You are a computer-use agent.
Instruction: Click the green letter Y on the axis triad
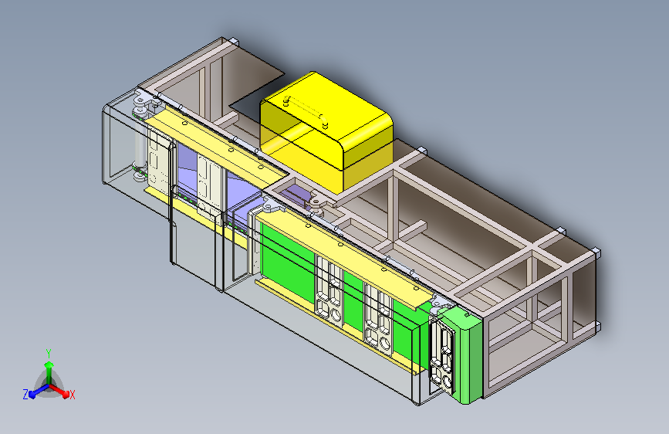[48, 352]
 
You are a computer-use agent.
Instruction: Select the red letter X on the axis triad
[73, 395]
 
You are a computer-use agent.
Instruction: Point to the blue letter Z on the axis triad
[25, 395]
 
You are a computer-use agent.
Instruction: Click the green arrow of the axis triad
[49, 366]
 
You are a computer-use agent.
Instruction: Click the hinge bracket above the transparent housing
[142, 101]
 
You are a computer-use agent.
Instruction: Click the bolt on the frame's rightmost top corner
[596, 251]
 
